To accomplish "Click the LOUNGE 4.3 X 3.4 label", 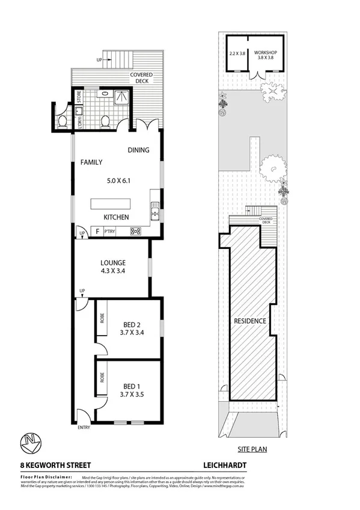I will point(112,266).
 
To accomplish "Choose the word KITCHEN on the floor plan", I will point(117,217).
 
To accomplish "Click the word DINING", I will point(138,150).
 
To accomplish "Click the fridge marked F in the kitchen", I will point(96,230).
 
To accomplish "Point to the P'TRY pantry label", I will point(109,231).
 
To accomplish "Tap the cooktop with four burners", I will point(135,230).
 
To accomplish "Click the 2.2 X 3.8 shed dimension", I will point(238,53).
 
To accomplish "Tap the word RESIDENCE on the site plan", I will point(249,321).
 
